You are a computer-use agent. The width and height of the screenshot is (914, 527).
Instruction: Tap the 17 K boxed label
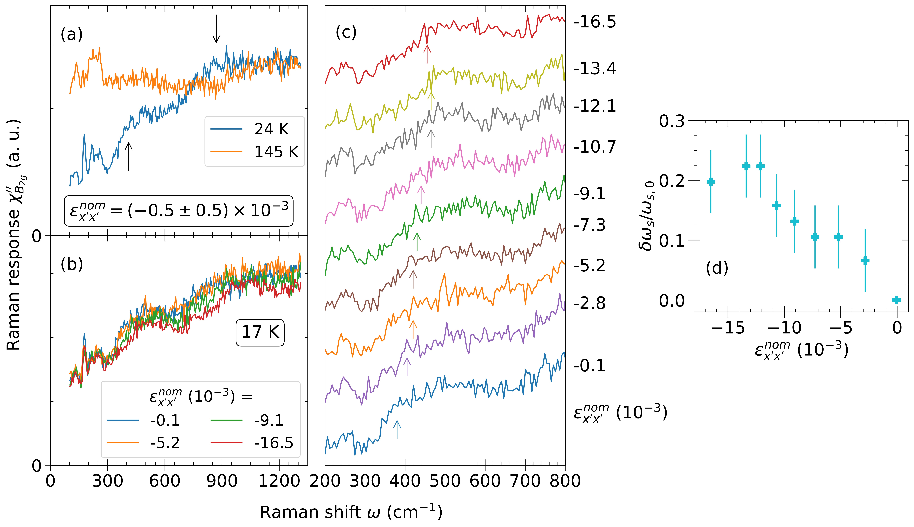pyautogui.click(x=260, y=332)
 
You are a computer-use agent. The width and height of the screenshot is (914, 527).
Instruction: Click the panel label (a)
pyautogui.click(x=72, y=35)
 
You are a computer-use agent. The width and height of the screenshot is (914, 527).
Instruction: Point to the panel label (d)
pyautogui.click(x=717, y=268)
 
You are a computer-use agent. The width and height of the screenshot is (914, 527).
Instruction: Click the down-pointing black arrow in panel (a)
pyautogui.click(x=216, y=29)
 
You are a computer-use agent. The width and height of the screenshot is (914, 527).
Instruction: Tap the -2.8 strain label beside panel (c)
pyautogui.click(x=589, y=303)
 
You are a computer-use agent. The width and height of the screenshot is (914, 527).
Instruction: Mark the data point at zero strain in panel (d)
pyautogui.click(x=896, y=300)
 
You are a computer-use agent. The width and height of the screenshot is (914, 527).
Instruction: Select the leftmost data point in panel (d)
pyautogui.click(x=711, y=182)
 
